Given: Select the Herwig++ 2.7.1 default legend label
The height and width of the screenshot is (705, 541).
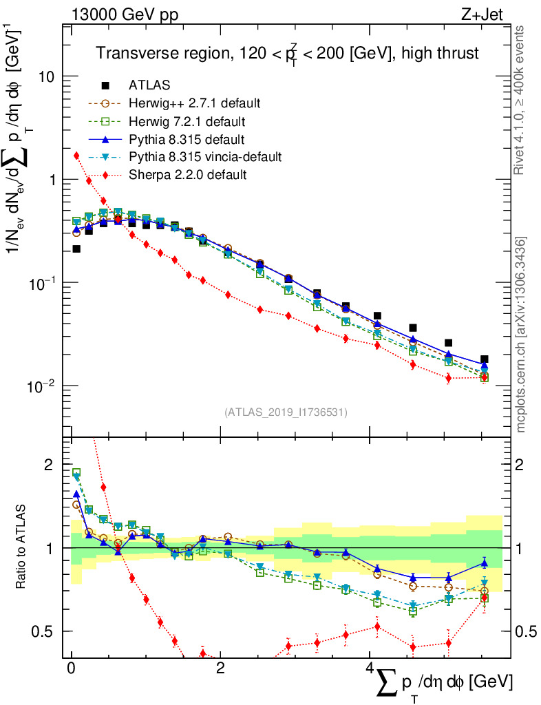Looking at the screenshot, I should pos(194,103).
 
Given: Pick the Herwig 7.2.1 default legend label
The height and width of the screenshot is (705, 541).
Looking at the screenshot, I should pos(187,121).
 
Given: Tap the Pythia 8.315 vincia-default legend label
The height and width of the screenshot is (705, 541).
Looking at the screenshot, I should pos(205,157).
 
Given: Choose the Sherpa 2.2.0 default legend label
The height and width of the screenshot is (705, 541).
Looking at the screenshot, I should pos(187,175).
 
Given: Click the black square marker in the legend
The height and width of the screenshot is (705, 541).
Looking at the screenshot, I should pos(105,85).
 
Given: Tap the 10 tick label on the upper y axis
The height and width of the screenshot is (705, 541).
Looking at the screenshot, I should pos(47,76).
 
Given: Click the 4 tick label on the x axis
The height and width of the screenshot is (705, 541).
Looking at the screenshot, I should pos(370,669).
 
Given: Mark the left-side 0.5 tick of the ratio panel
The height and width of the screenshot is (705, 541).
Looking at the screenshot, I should pos(43,631).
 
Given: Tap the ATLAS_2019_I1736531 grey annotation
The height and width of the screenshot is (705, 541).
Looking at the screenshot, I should pos(286,412).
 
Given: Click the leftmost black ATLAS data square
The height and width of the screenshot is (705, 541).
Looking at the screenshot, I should pos(76,249).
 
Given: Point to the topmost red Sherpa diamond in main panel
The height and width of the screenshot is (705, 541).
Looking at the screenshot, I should pos(76,156).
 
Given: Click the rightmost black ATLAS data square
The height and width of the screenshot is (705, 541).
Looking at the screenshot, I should pos(485,359).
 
